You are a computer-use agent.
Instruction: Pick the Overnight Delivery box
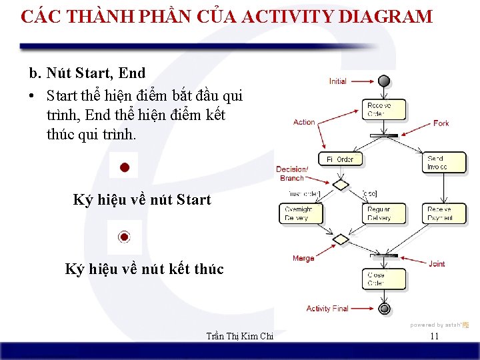pyautogui.click(x=299, y=213)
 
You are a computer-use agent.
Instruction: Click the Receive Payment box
pyautogui.click(x=440, y=213)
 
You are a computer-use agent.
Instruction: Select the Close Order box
pyautogui.click(x=377, y=279)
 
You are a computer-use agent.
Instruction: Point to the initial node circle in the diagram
pyautogui.click(x=383, y=81)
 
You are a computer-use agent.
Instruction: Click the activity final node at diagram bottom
pyautogui.click(x=384, y=309)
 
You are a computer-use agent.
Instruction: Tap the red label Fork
pyautogui.click(x=441, y=123)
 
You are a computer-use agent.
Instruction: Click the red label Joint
pyautogui.click(x=437, y=264)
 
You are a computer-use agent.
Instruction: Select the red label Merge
pyautogui.click(x=303, y=258)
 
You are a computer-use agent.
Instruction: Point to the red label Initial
pyautogui.click(x=338, y=81)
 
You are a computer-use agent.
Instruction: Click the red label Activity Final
pyautogui.click(x=327, y=309)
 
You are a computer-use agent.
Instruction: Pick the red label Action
pyautogui.click(x=304, y=122)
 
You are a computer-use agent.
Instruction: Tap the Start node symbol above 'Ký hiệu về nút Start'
pyautogui.click(x=124, y=167)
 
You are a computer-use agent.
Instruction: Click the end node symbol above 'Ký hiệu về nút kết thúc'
pyautogui.click(x=124, y=237)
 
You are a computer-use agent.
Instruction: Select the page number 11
pyautogui.click(x=434, y=337)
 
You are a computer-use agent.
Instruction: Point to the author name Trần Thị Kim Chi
pyautogui.click(x=241, y=337)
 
